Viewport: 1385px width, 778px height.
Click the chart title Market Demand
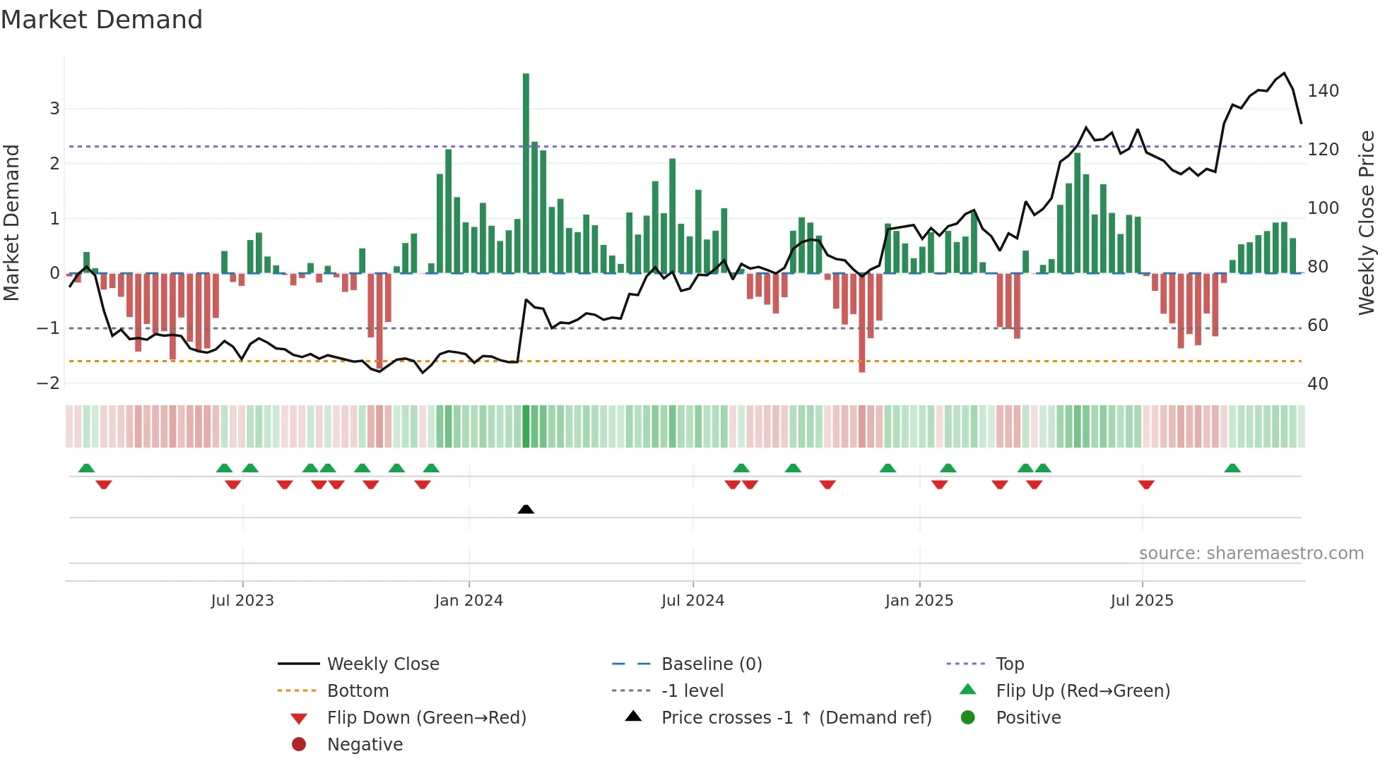click(102, 20)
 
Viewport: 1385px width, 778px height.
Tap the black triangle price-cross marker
click(526, 509)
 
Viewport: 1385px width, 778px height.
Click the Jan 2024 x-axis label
click(468, 601)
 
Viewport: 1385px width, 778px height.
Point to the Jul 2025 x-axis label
click(1142, 601)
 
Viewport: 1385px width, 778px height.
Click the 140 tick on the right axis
click(1323, 91)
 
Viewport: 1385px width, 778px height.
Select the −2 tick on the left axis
click(49, 383)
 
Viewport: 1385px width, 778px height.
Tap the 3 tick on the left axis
click(54, 109)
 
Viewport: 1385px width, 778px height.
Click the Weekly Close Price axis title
click(1367, 222)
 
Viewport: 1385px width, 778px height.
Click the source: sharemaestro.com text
click(1251, 553)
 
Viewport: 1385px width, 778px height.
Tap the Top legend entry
click(1009, 664)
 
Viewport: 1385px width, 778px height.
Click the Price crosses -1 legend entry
click(796, 718)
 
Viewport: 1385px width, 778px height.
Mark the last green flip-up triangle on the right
click(1232, 468)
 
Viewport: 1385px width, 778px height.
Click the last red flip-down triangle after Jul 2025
click(1146, 484)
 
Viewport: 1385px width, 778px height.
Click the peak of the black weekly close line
click(1285, 73)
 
